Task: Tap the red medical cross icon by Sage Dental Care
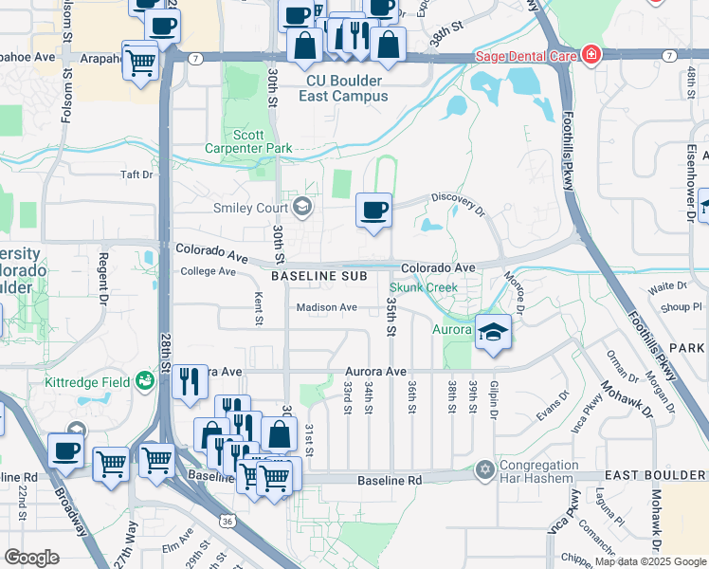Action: (591, 53)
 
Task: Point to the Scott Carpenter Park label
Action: (248, 141)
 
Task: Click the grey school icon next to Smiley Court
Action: (302, 205)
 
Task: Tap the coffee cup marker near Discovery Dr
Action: (374, 210)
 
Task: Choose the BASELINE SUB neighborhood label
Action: (316, 276)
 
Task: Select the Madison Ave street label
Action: (326, 307)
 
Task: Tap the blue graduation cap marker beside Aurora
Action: (493, 332)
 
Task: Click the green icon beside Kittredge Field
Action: (145, 381)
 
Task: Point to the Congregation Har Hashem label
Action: (540, 472)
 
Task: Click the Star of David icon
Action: (486, 469)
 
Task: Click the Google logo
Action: (31, 558)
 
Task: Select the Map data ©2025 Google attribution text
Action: (650, 561)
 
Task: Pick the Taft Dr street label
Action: (136, 174)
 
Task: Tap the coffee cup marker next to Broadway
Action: (65, 450)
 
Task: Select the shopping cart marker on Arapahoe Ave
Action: (140, 63)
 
